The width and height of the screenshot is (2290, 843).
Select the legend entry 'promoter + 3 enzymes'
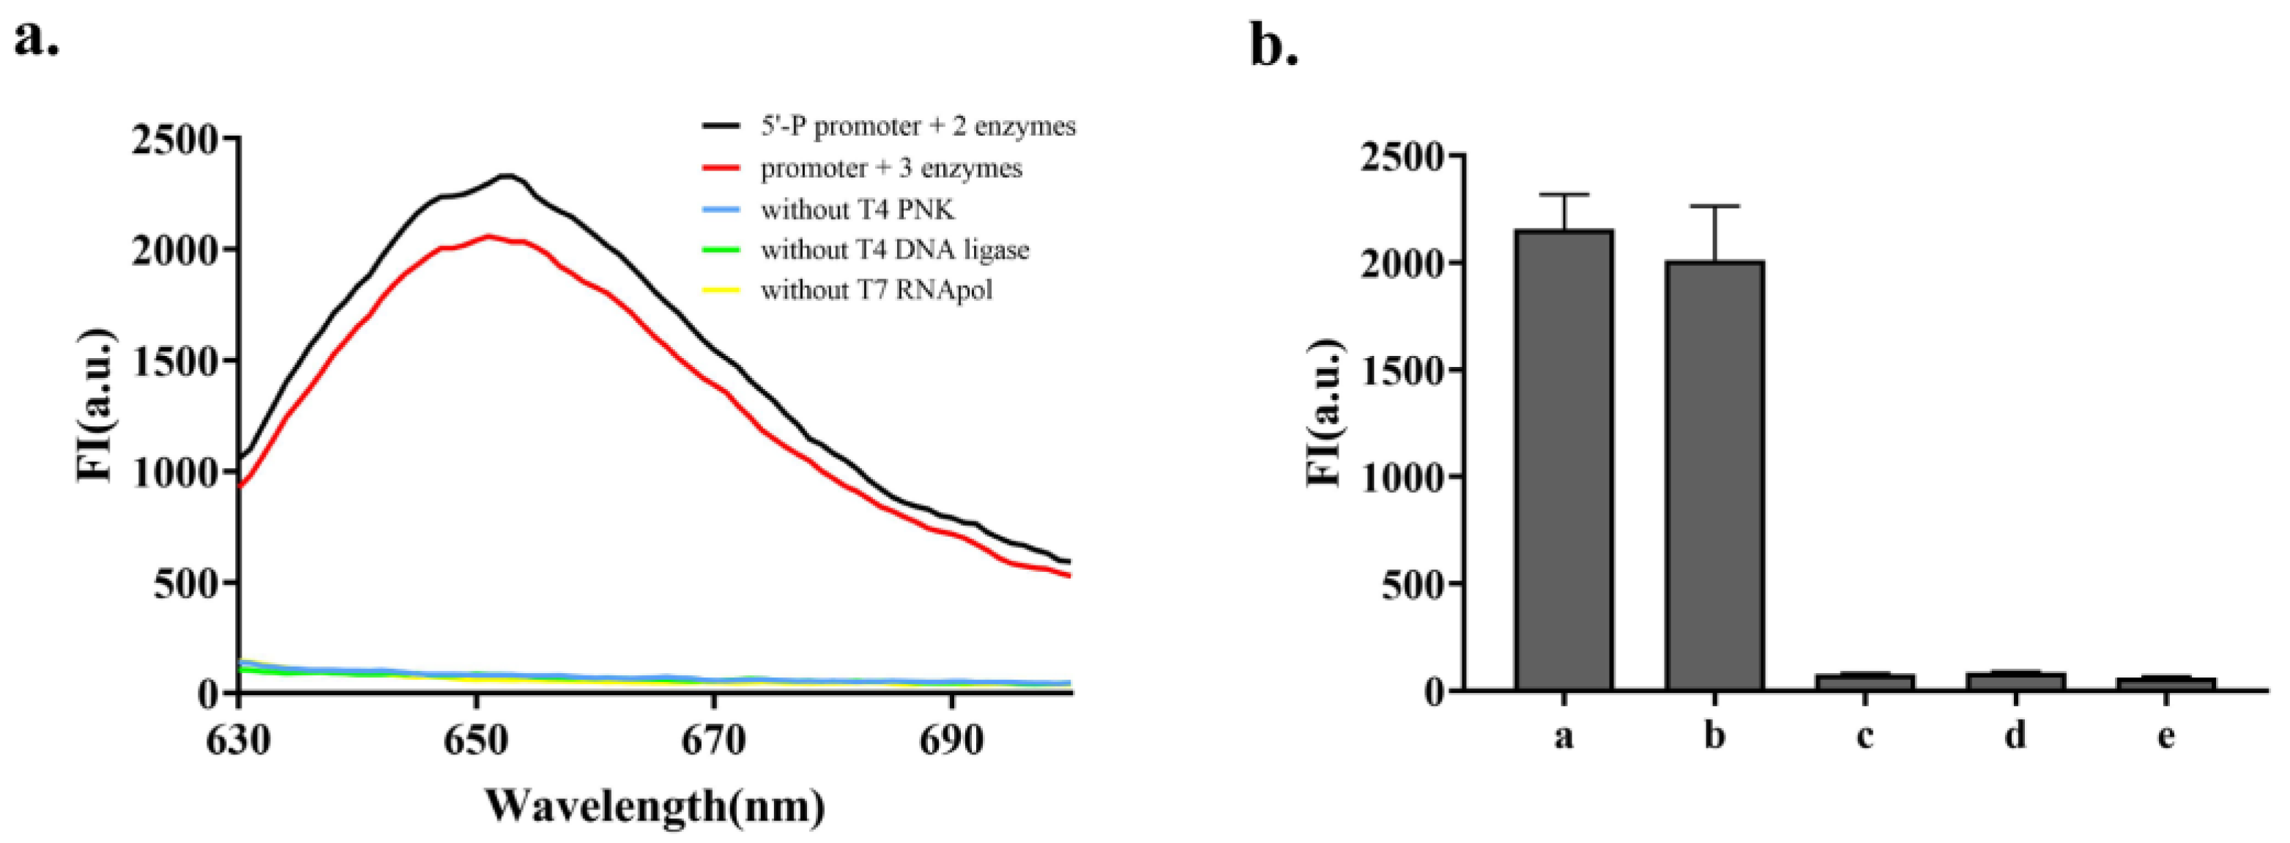891,168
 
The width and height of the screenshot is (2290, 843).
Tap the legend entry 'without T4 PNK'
857,210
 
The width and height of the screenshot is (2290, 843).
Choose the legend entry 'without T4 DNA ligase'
894,250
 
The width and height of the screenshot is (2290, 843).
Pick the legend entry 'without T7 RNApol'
876,291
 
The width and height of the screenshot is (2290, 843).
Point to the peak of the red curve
487,236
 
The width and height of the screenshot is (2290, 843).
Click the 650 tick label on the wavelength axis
477,740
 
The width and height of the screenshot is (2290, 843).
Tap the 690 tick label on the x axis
951,740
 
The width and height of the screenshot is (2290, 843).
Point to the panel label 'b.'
1274,45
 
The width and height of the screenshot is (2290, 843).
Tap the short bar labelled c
1865,682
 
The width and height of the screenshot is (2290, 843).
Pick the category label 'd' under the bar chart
2015,736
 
